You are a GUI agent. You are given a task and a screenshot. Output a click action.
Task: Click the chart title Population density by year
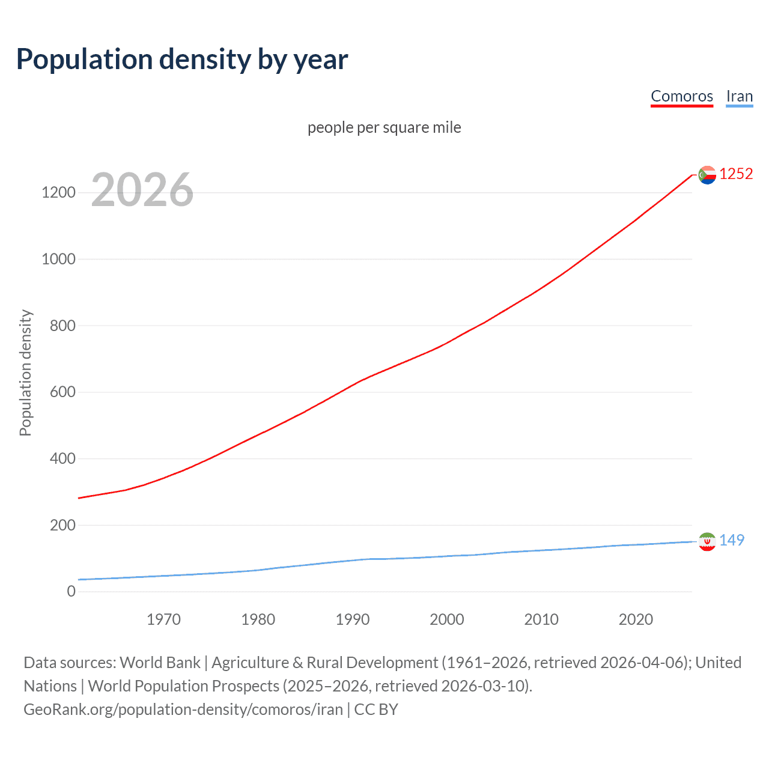(x=182, y=59)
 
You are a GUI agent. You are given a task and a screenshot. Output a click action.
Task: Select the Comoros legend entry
(x=681, y=96)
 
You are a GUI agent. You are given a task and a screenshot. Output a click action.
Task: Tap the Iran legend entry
(x=739, y=96)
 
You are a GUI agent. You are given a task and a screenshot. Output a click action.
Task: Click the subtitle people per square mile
(x=384, y=127)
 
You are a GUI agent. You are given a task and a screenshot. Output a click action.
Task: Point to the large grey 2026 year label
(x=142, y=190)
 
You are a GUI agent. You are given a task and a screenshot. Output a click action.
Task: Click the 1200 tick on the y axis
(x=58, y=193)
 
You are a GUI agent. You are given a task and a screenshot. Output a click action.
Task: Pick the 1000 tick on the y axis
(x=58, y=259)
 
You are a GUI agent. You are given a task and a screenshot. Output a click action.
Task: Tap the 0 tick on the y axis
(x=71, y=591)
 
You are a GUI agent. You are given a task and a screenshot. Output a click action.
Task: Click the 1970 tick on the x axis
(x=163, y=619)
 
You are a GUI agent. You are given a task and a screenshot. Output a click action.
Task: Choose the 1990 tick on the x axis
(x=353, y=619)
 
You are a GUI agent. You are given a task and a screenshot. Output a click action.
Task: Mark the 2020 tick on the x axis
(x=636, y=619)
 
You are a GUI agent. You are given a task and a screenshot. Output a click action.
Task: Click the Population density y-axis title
(x=25, y=372)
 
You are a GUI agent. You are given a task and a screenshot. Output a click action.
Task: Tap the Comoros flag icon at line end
(x=707, y=175)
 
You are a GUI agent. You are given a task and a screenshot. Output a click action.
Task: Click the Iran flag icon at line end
(x=707, y=541)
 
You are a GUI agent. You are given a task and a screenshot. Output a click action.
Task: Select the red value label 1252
(x=736, y=174)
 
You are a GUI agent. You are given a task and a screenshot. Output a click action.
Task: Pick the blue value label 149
(x=732, y=540)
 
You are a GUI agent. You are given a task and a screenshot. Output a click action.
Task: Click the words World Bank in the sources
(x=160, y=663)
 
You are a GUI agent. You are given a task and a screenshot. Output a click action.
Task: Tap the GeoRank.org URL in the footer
(x=183, y=710)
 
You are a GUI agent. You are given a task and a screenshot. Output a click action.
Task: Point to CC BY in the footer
(x=376, y=710)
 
